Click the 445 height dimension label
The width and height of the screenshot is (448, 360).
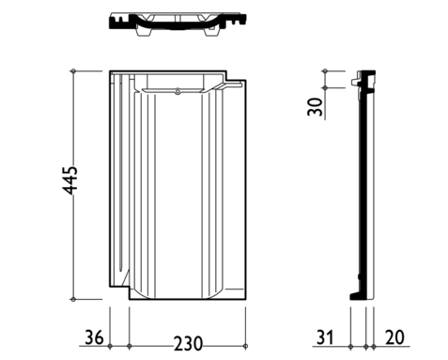point(70,180)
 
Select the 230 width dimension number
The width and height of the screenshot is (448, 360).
point(188,344)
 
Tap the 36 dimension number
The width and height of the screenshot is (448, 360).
point(94,337)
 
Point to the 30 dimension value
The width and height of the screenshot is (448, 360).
point(315,107)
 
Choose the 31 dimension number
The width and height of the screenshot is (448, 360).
point(325,337)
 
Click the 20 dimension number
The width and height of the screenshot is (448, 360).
point(394,337)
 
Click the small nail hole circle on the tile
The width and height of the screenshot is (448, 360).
point(178,92)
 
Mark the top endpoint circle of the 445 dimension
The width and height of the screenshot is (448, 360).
point(73,71)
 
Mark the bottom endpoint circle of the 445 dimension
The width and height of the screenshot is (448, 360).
point(73,299)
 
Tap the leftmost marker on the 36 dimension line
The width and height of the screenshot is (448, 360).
point(110,346)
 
